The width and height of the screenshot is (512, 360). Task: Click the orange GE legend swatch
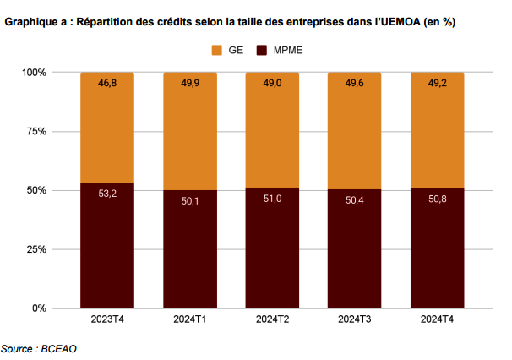(x=217, y=51)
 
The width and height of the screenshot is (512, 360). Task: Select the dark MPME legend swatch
(x=262, y=51)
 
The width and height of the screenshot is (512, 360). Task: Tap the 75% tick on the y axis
(x=36, y=131)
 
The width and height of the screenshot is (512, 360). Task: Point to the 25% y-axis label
(x=36, y=249)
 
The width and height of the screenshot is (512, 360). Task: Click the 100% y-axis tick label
(x=35, y=72)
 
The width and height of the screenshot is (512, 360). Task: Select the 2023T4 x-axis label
(x=107, y=319)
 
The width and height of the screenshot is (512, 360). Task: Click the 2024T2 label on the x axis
(x=272, y=319)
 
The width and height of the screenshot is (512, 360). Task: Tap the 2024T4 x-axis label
(x=437, y=319)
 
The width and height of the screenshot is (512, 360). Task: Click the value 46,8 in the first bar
(x=107, y=83)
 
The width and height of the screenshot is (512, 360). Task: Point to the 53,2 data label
(x=107, y=194)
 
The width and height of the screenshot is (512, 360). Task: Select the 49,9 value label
(x=190, y=83)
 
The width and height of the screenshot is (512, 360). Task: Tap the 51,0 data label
(x=273, y=199)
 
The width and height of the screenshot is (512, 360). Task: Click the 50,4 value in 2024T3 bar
(x=355, y=200)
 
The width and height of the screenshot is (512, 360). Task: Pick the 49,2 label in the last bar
(x=438, y=83)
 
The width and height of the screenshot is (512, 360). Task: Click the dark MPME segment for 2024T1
(x=190, y=249)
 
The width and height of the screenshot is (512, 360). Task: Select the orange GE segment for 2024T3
(x=355, y=131)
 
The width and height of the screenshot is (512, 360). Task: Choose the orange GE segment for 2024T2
(x=272, y=130)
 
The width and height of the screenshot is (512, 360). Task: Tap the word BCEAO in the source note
(x=59, y=349)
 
